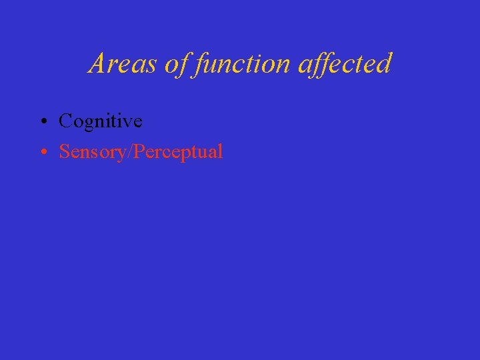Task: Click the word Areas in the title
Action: click(115, 64)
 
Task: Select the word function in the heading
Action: click(237, 64)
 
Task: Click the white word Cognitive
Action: click(101, 121)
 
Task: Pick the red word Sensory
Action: click(94, 152)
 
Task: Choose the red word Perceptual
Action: click(179, 152)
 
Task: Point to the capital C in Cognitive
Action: click(65, 121)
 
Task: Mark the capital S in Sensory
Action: click(64, 151)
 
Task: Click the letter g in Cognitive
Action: click(85, 124)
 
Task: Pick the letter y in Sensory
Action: click(125, 155)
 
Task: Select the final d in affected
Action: click(385, 64)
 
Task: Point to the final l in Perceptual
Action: click(221, 151)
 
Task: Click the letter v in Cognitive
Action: click(129, 122)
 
